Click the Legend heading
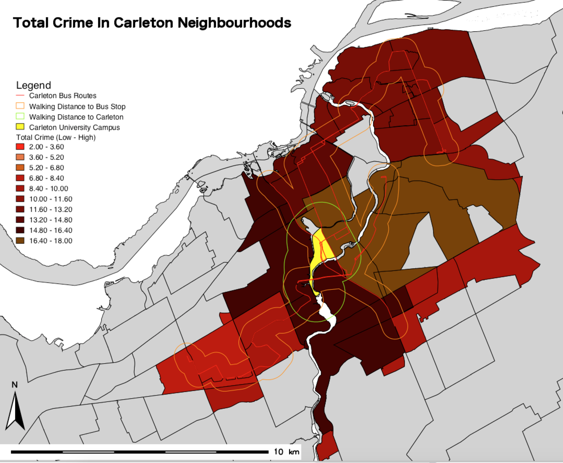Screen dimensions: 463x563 point(34,85)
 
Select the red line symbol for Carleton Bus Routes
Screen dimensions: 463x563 point(20,95)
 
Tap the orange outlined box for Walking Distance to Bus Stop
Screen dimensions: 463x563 point(20,106)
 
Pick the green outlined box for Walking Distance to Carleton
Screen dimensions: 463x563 point(20,116)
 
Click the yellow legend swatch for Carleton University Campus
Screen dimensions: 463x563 point(20,127)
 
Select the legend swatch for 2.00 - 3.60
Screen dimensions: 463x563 point(20,147)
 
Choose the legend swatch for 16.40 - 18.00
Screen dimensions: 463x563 point(20,240)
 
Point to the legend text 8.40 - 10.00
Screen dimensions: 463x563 point(49,189)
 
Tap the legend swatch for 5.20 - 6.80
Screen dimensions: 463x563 point(20,168)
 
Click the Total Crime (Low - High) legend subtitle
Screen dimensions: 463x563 point(56,137)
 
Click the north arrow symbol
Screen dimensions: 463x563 point(15,412)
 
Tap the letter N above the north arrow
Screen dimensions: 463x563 point(15,385)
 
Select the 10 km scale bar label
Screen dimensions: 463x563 point(286,451)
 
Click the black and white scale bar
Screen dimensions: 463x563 point(139,451)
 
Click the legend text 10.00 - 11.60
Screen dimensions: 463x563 point(51,199)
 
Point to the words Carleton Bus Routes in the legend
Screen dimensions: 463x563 point(63,95)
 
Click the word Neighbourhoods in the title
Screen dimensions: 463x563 point(234,23)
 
